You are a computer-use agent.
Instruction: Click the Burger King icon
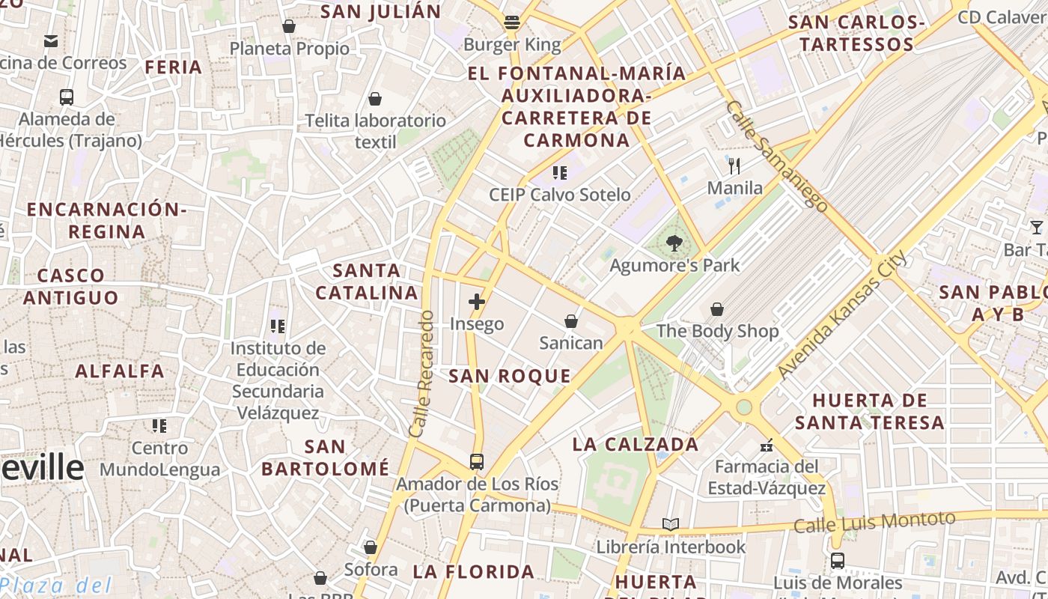(512, 22)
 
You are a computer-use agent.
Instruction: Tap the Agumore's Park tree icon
(674, 243)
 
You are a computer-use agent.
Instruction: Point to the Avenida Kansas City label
(841, 314)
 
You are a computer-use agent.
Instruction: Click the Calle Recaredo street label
(422, 374)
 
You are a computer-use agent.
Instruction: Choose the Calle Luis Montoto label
(874, 522)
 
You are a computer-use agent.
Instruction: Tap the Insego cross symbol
(477, 302)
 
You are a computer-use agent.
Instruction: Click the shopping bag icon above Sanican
(571, 321)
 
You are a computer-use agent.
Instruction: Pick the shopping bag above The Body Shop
(717, 309)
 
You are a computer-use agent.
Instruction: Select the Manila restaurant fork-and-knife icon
(734, 165)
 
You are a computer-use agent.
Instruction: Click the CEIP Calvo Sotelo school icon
(559, 173)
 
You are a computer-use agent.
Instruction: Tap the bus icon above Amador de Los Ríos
(477, 461)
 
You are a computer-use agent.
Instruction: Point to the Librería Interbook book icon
(671, 525)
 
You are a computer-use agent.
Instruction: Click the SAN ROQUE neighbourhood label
(510, 377)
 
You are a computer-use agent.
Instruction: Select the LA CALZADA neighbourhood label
(636, 444)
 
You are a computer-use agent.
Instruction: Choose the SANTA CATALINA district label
(366, 282)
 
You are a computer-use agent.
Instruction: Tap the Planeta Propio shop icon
(289, 26)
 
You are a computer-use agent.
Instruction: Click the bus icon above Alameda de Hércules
(67, 97)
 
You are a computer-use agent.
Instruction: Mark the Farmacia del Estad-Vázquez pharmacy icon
(766, 446)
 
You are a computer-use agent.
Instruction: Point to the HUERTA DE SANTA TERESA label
(870, 412)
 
